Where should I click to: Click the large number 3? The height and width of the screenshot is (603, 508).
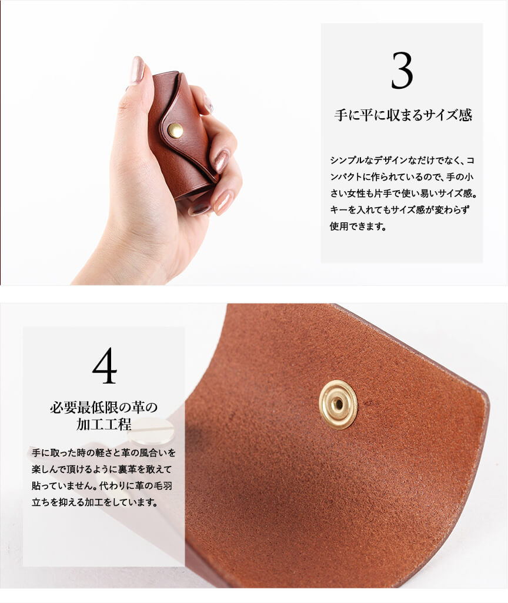point(402,71)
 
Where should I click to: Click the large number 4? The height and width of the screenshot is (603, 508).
point(105,366)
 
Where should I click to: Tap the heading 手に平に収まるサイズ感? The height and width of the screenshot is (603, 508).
point(403,115)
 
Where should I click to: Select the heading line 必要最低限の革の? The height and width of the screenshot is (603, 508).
point(103,407)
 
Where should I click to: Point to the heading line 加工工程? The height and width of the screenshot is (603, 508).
point(103,424)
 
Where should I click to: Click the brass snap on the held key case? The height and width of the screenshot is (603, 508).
point(176,130)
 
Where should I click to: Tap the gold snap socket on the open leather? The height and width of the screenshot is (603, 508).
point(338,404)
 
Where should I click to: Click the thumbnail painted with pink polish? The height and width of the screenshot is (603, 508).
point(137,70)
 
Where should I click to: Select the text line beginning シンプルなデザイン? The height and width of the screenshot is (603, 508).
point(402,161)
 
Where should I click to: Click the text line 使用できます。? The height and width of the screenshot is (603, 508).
point(358,226)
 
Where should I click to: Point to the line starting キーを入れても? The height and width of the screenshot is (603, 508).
point(400,210)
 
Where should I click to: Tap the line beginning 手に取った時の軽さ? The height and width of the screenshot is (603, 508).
point(103,452)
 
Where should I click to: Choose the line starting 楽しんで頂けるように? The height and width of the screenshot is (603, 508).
point(102,469)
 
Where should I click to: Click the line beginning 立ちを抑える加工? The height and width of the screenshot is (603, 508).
point(95,502)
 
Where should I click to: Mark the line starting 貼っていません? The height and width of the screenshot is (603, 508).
point(102,486)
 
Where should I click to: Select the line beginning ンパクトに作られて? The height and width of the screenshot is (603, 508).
point(402,177)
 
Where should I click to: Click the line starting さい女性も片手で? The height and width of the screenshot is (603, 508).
point(403,194)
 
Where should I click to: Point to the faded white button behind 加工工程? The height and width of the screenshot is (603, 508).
point(151,431)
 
